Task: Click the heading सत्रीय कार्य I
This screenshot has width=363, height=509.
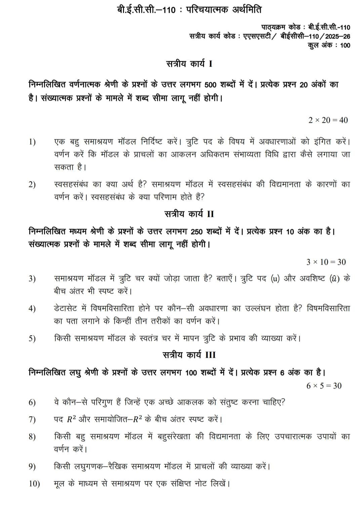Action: [x=189, y=64]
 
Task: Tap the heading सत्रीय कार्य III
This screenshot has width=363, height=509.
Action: [x=189, y=355]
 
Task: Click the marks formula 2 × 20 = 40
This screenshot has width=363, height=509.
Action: [x=328, y=120]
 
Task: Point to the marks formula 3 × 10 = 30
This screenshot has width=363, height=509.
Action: [x=326, y=262]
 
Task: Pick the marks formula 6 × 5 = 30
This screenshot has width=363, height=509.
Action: [x=324, y=386]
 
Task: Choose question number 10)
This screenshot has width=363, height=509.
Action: [x=34, y=484]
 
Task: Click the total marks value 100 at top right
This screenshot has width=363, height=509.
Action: [x=345, y=46]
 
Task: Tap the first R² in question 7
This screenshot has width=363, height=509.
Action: [x=70, y=420]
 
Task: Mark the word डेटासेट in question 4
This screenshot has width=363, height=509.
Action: [x=66, y=309]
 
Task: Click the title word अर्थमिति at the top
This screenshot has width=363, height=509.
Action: [x=247, y=10]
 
